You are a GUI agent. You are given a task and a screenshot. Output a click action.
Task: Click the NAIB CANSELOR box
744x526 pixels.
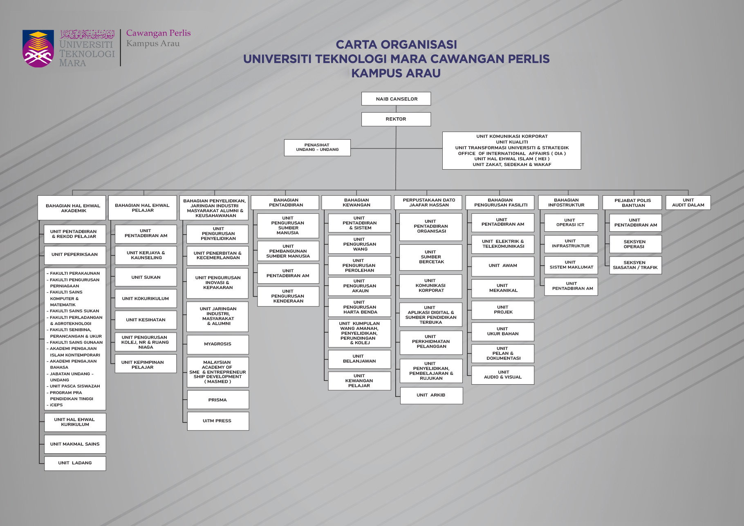coord(396,99)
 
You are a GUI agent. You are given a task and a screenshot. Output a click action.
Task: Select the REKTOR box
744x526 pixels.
coord(396,119)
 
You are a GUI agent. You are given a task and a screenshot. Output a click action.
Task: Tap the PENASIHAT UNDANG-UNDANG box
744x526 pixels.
coord(317,148)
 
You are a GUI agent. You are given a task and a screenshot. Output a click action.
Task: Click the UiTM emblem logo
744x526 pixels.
coord(38,49)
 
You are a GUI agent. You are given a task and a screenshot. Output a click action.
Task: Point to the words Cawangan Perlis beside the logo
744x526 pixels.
coord(158,33)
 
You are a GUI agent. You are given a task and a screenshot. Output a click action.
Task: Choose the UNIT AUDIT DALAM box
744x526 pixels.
coord(688,203)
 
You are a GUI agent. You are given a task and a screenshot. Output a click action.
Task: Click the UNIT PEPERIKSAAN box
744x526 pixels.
coord(75,255)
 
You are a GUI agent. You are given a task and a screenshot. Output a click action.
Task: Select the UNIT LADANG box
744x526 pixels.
coord(75,463)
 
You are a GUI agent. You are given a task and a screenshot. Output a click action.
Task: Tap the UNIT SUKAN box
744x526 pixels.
coord(146,277)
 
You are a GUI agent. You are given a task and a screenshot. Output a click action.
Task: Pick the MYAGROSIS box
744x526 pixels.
coord(217,344)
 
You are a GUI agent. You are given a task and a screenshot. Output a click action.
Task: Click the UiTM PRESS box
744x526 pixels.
coord(217,421)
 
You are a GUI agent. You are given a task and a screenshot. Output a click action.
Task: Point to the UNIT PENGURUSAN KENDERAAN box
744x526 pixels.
coord(288,296)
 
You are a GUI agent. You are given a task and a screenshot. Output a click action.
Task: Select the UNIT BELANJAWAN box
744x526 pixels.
coord(359,359)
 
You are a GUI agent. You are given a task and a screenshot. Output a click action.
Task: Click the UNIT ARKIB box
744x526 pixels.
coord(431,395)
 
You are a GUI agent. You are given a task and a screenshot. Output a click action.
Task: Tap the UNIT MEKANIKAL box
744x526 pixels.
coord(503,288)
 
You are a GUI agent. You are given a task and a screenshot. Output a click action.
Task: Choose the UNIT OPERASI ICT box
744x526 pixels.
coord(571,223)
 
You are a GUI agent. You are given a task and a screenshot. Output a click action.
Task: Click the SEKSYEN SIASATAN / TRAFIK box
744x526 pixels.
coord(635,265)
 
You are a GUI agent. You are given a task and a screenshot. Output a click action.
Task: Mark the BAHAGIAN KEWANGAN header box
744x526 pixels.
coord(356,203)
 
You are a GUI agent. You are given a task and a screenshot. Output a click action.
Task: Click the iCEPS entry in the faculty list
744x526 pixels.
coord(56,405)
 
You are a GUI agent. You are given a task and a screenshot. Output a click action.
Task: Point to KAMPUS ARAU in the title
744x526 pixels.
coord(396,73)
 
